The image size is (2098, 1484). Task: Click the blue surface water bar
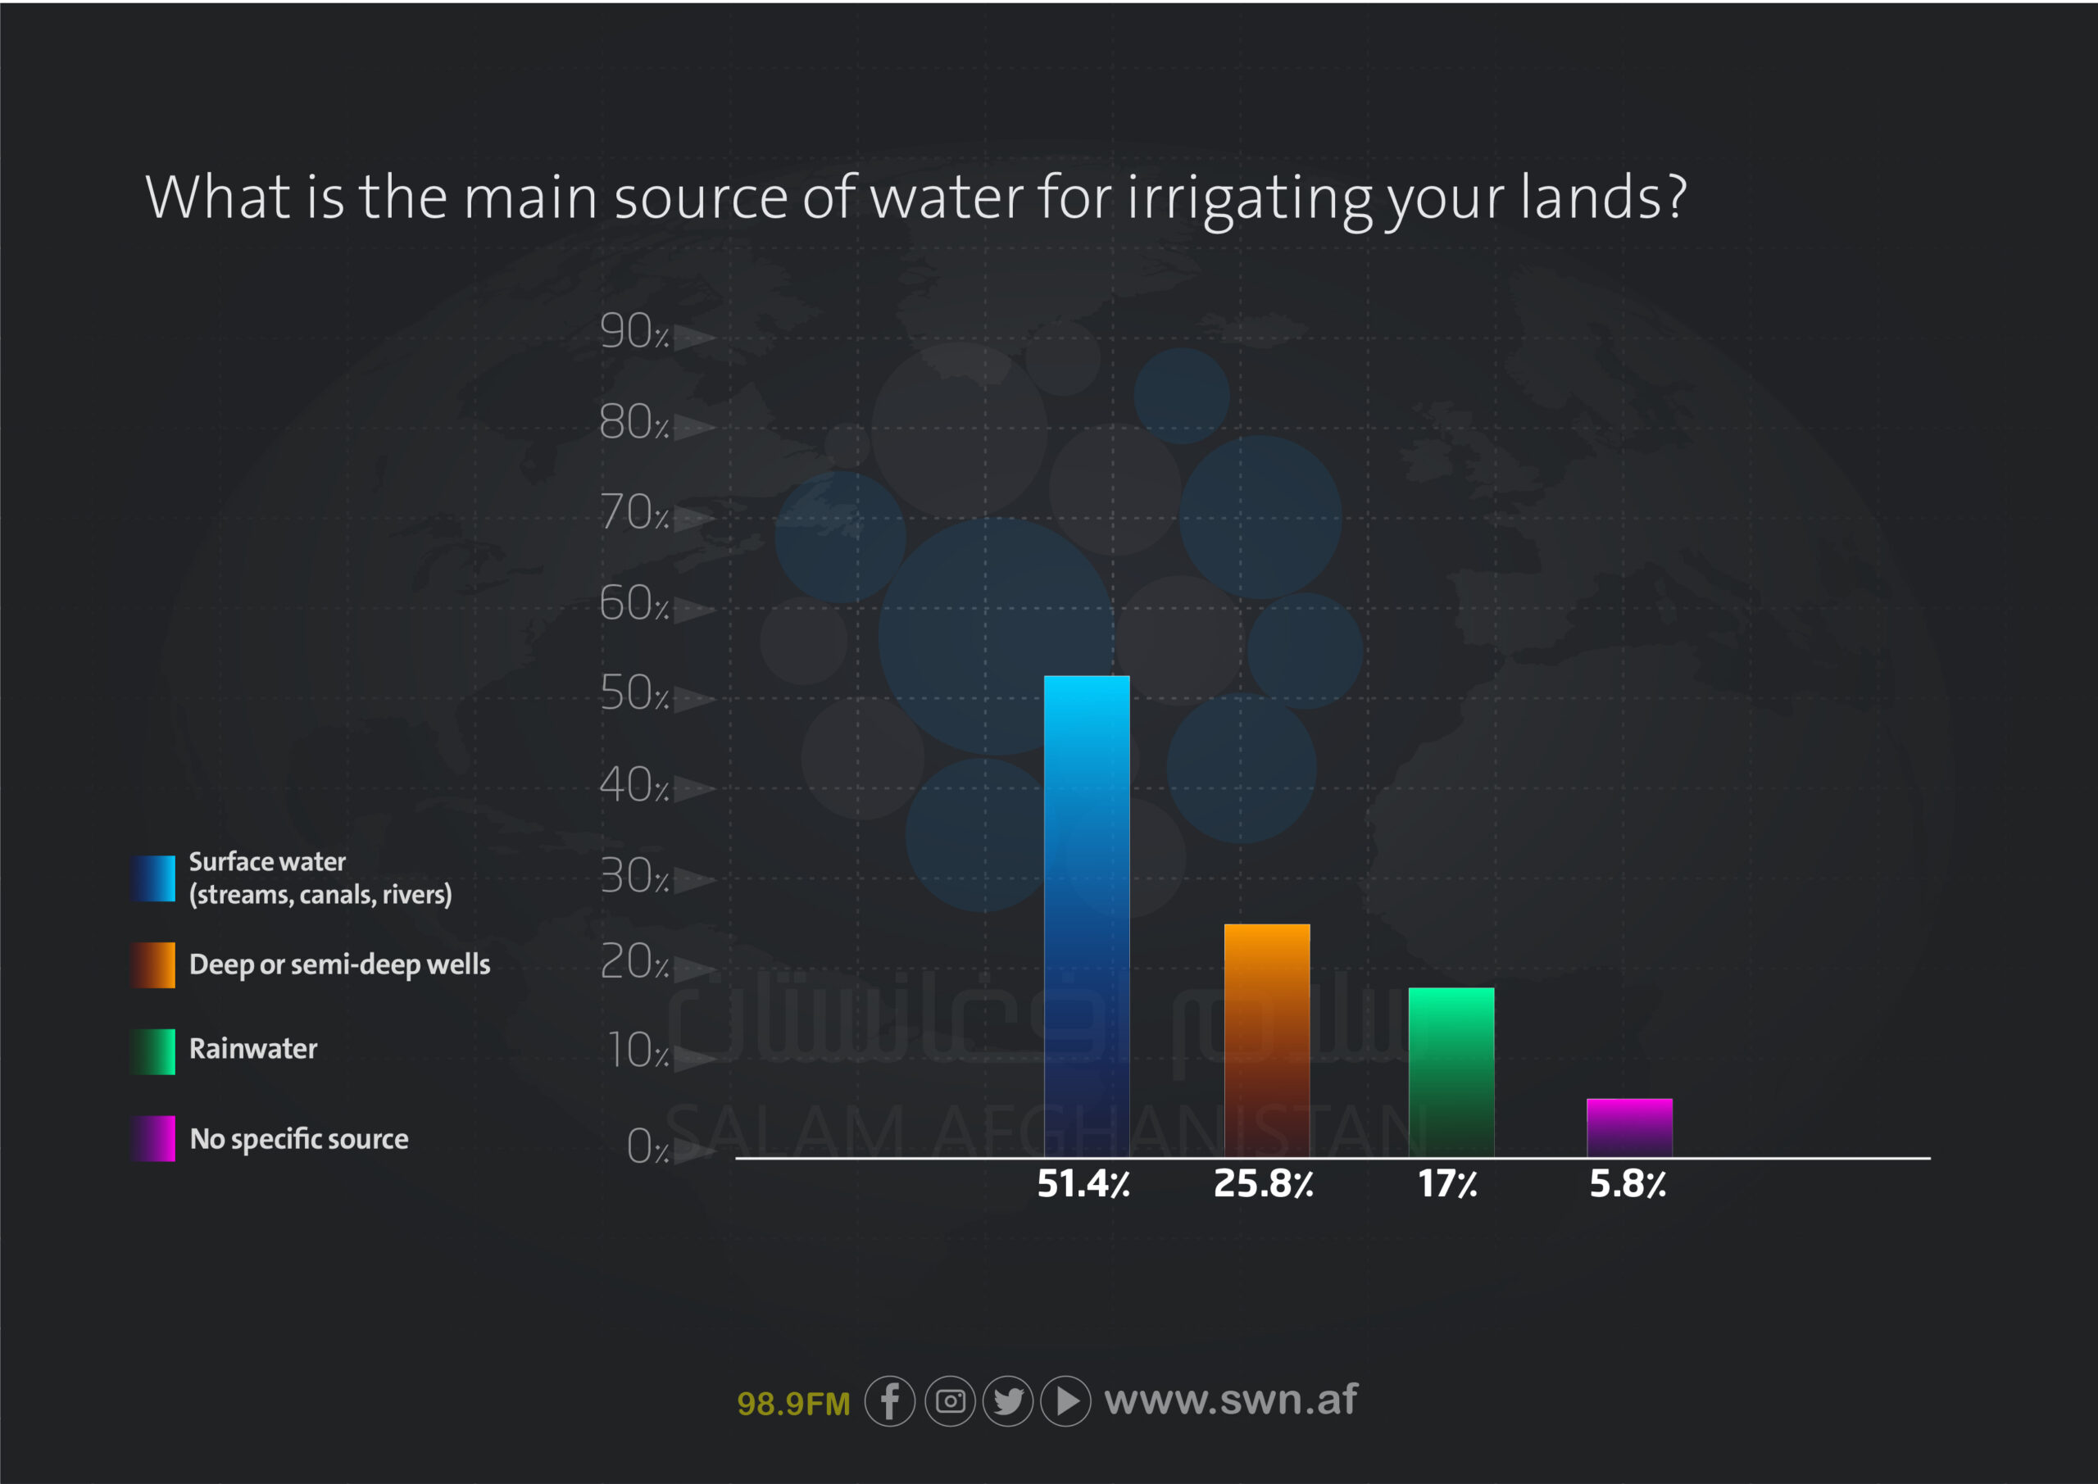[1087, 916]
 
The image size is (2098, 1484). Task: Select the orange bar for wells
[1266, 1041]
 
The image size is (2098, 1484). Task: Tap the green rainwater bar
[1451, 1073]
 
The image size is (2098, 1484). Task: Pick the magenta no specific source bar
[1629, 1128]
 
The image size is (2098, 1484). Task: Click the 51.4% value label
[1083, 1184]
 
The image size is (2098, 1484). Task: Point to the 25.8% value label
[1264, 1184]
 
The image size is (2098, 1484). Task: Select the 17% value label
[1447, 1184]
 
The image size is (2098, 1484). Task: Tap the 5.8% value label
[1628, 1184]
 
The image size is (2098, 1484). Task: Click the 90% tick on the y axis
[634, 331]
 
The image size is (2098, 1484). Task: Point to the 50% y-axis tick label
[634, 692]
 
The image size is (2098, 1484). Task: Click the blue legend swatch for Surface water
[152, 878]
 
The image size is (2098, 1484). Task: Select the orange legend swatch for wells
[152, 965]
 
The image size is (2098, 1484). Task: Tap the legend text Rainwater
[253, 1048]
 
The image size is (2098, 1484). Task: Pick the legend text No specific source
[299, 1138]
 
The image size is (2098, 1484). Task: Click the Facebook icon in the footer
[890, 1401]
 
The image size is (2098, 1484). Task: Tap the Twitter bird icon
[1008, 1401]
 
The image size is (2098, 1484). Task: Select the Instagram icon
[951, 1401]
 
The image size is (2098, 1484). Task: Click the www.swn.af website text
[1231, 1400]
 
